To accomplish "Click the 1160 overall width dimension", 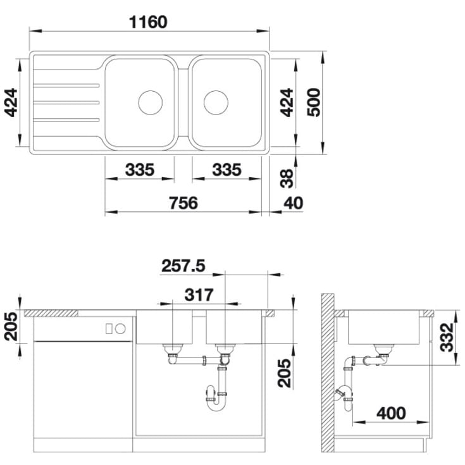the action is point(148,22).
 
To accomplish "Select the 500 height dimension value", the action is point(314,102).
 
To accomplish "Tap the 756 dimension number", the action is point(183,203).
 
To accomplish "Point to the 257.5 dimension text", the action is point(183,266).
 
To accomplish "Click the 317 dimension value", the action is point(199,295).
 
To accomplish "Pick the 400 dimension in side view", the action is point(391,413).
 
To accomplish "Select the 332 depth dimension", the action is point(447,337).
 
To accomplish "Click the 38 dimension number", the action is point(287,178).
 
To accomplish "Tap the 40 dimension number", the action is point(294,203).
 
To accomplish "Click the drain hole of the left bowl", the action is point(151,102).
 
